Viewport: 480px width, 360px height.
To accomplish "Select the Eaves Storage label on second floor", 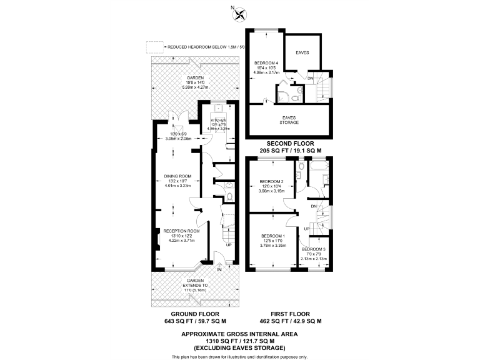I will [x=289, y=117].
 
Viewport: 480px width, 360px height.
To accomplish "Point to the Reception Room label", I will [x=181, y=231].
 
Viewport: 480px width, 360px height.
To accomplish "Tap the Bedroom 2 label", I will [x=272, y=182].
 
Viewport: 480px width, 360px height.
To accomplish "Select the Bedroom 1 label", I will [x=272, y=236].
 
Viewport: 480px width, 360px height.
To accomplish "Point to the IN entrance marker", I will [x=219, y=269].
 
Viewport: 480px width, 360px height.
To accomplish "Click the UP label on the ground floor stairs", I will [x=229, y=245].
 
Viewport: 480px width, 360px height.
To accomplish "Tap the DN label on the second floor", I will [x=311, y=79].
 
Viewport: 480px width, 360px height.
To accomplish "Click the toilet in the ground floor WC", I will [x=229, y=197].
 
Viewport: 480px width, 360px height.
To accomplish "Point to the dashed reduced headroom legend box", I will [x=153, y=47].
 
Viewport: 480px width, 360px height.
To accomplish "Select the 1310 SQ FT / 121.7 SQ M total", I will [x=239, y=341].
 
